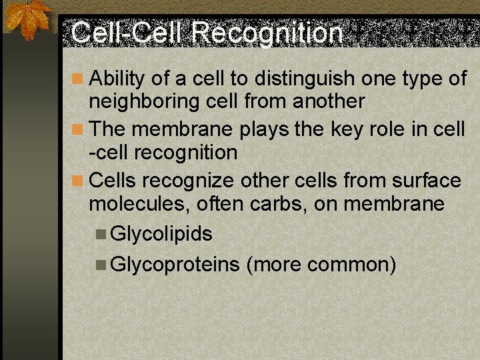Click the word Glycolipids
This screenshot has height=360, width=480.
click(161, 234)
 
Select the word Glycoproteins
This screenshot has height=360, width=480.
click(175, 265)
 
